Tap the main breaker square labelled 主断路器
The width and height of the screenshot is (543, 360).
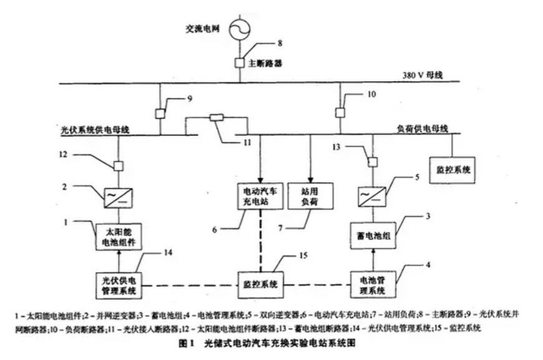tap(240, 62)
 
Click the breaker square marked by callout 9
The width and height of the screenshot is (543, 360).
tap(160, 114)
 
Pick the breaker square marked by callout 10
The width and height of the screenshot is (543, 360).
tap(340, 113)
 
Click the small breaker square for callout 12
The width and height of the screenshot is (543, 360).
tap(117, 166)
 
